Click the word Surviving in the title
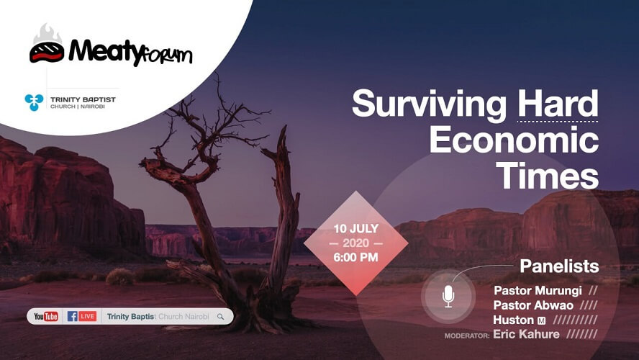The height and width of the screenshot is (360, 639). [429, 105]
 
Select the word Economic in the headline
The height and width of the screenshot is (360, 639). [514, 140]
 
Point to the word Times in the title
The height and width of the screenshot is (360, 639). [548, 175]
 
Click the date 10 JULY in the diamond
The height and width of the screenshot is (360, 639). [355, 229]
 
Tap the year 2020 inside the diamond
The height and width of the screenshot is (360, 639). [355, 243]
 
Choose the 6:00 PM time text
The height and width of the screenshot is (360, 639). [355, 257]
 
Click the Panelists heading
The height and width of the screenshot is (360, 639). [559, 266]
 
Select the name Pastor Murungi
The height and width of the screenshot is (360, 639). [538, 291]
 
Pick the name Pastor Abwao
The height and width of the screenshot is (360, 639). [533, 305]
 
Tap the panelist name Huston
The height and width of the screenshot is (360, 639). [514, 320]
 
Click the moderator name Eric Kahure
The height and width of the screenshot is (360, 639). [526, 334]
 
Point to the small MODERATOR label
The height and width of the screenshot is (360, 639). [467, 336]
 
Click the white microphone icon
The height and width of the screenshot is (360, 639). [448, 296]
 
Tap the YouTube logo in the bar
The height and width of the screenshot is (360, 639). [46, 316]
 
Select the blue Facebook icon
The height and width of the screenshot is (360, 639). [72, 316]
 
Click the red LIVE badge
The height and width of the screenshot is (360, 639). [88, 316]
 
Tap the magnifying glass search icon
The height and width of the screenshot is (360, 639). [220, 316]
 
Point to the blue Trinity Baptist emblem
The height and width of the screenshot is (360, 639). [34, 102]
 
